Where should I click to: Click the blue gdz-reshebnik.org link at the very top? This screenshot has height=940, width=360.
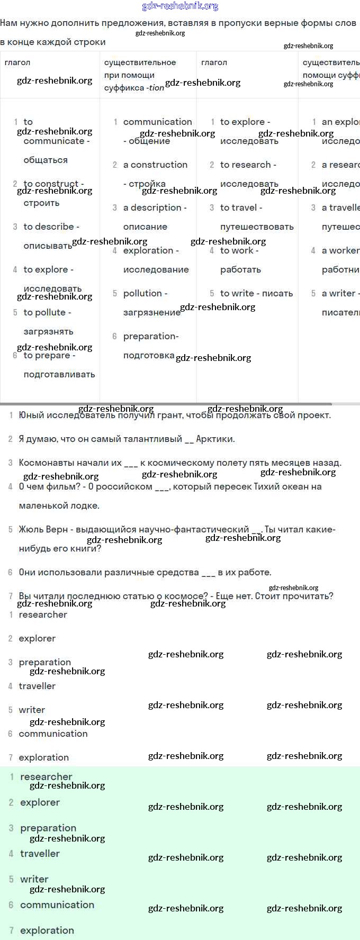click(x=180, y=6)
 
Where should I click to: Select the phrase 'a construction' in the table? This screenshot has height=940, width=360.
click(x=155, y=165)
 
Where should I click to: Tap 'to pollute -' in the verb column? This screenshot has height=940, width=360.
click(x=47, y=312)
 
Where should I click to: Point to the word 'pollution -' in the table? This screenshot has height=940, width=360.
click(x=145, y=293)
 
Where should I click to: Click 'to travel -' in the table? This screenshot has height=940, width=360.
click(x=241, y=207)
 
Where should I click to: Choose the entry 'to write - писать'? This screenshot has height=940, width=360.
click(x=256, y=293)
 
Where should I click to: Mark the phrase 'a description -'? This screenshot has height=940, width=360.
click(x=155, y=207)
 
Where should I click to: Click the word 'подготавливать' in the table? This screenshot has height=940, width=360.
click(x=59, y=374)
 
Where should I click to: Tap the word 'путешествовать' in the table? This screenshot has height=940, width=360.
click(x=257, y=227)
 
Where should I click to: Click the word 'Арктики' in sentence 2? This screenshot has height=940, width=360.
click(x=215, y=439)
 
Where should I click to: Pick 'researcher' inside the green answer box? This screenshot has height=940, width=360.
click(x=46, y=776)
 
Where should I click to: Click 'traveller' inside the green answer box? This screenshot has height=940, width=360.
click(x=40, y=853)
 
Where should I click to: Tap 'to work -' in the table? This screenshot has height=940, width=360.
click(x=239, y=250)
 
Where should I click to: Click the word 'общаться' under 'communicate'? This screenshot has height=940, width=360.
click(x=46, y=160)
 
